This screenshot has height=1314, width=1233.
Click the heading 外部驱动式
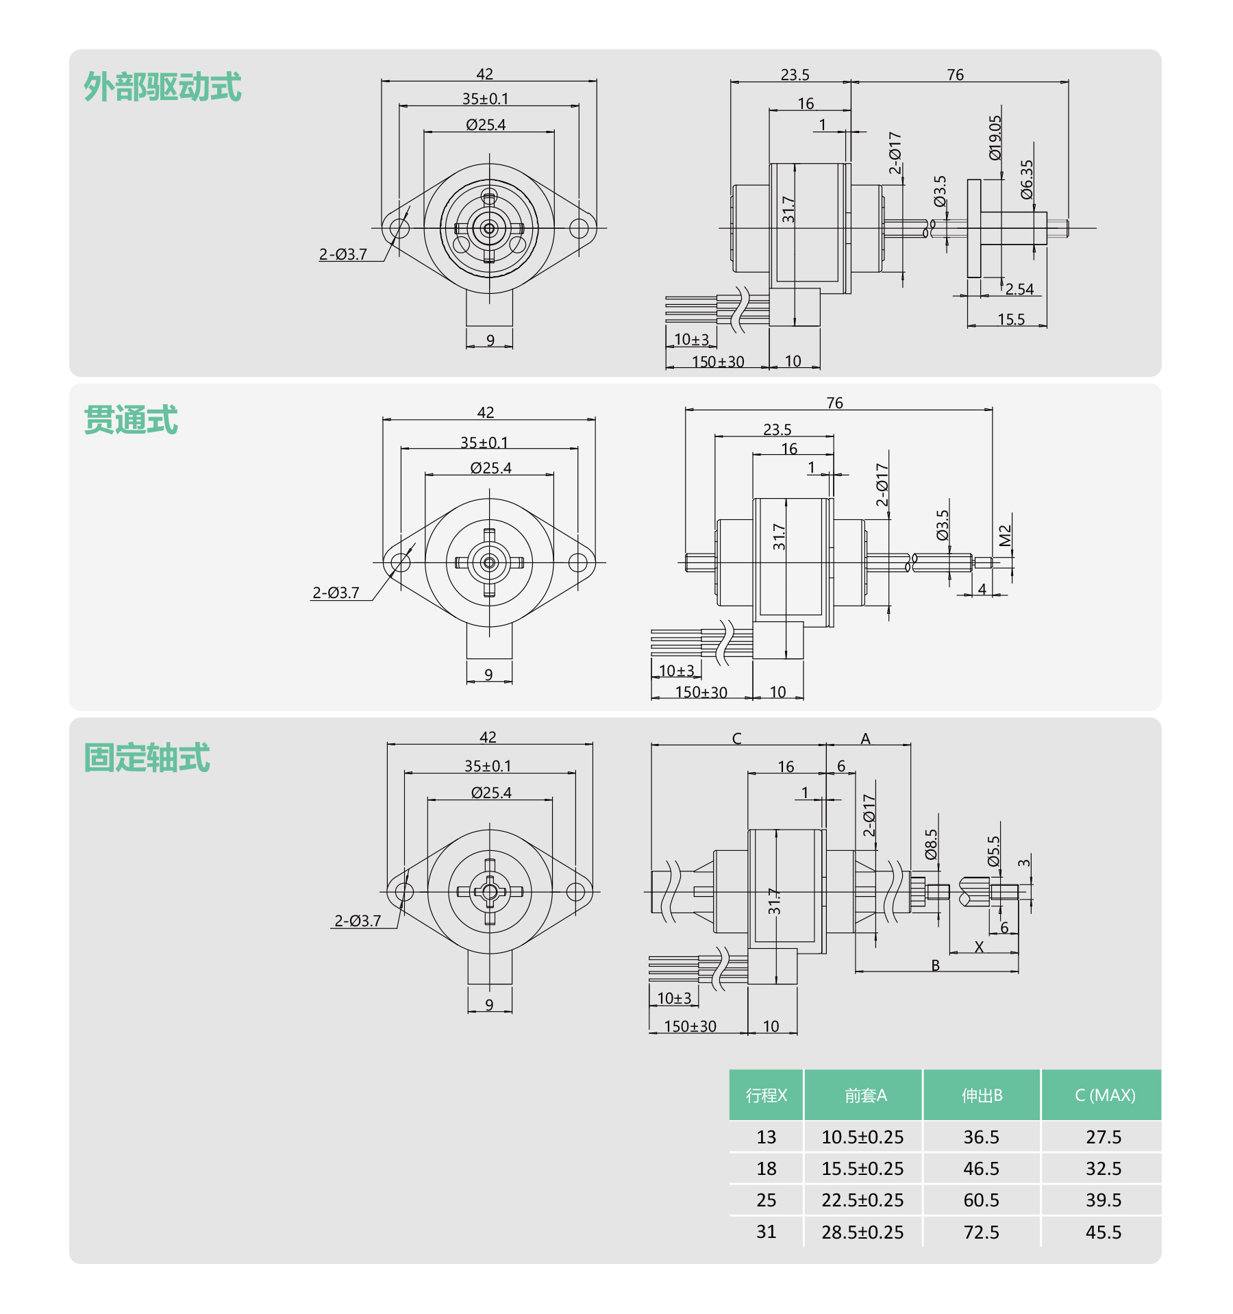pyautogui.click(x=162, y=87)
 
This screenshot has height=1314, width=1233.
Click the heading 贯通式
pyautogui.click(x=131, y=420)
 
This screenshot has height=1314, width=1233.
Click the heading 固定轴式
pyautogui.click(x=147, y=758)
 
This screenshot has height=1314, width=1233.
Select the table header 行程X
pyautogui.click(x=766, y=1095)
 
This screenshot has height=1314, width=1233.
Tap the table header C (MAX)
pyautogui.click(x=1105, y=1095)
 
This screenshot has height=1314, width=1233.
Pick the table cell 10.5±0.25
pyautogui.click(x=862, y=1137)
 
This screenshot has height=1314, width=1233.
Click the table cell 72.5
pyautogui.click(x=981, y=1232)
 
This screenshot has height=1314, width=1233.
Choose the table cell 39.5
pyautogui.click(x=1104, y=1200)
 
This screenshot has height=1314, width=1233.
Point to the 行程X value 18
pyautogui.click(x=766, y=1169)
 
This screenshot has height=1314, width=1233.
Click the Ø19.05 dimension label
pyautogui.click(x=995, y=138)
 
